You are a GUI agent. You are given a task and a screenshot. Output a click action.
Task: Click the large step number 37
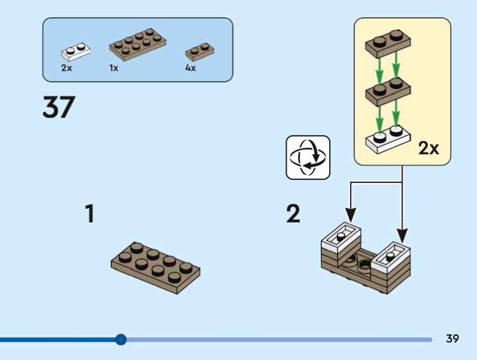tap(58, 107)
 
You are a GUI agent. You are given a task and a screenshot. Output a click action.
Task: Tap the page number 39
tap(453, 339)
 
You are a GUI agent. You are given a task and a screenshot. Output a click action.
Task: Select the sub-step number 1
tap(89, 214)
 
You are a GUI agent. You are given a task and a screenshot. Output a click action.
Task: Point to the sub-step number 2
tap(293, 214)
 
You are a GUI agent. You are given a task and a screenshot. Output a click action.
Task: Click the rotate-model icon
tap(308, 157)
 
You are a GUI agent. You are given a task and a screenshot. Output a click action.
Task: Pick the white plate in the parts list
tap(76, 52)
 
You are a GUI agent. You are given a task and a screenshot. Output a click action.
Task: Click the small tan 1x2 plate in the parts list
tap(200, 51)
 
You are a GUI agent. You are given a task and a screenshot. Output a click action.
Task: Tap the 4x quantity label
tap(190, 68)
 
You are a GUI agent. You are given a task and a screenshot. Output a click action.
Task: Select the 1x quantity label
tap(114, 68)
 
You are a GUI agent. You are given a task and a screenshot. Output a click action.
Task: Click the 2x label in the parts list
tap(66, 68)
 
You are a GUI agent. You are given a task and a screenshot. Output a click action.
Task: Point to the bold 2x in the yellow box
tap(428, 148)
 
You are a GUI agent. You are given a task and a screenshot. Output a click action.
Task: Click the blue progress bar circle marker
tap(121, 340)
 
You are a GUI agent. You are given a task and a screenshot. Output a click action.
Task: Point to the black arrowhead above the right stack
tap(403, 234)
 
